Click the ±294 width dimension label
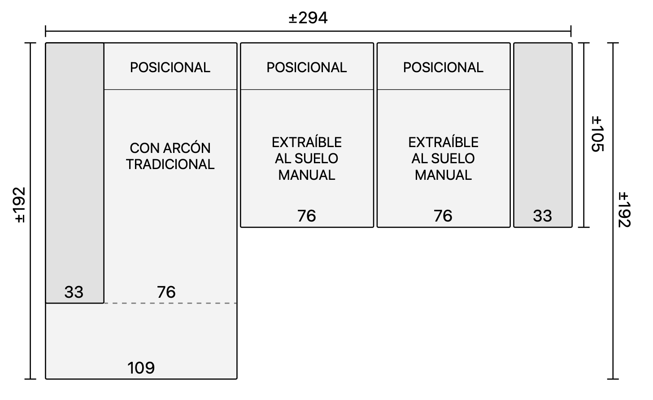pos(308,18)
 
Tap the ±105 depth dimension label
pos(597,134)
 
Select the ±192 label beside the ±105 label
pos(624,209)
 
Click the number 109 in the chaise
pos(141,368)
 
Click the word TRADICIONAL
pos(170,165)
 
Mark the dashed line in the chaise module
pos(170,303)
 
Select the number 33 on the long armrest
pos(74,292)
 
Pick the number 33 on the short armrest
pos(543,216)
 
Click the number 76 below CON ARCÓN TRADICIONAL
pos(166,292)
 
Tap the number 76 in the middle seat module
pos(306,216)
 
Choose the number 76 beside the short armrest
pos(443,216)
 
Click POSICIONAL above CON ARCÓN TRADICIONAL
pos(170,68)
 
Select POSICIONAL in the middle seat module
pos(307,68)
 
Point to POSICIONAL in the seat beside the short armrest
pos(443,68)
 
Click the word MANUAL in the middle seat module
pos(307,175)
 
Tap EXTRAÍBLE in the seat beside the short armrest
pos(443,142)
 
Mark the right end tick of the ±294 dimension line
pos(571,31)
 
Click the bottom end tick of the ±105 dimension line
pos(584,227)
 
